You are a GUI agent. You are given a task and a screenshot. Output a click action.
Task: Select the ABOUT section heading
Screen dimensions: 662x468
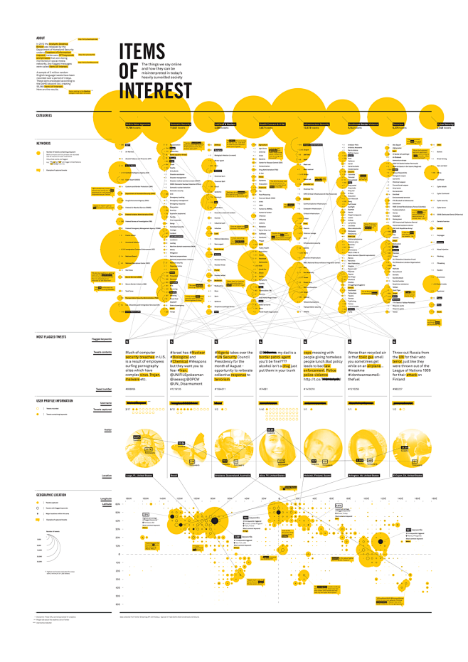point(41,38)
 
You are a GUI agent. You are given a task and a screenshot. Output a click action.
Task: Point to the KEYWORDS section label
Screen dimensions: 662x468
point(43,143)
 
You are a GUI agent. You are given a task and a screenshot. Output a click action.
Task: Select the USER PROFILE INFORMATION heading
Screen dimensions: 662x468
point(55,401)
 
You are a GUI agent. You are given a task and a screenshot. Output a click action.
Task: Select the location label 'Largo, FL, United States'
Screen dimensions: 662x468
point(139,475)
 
